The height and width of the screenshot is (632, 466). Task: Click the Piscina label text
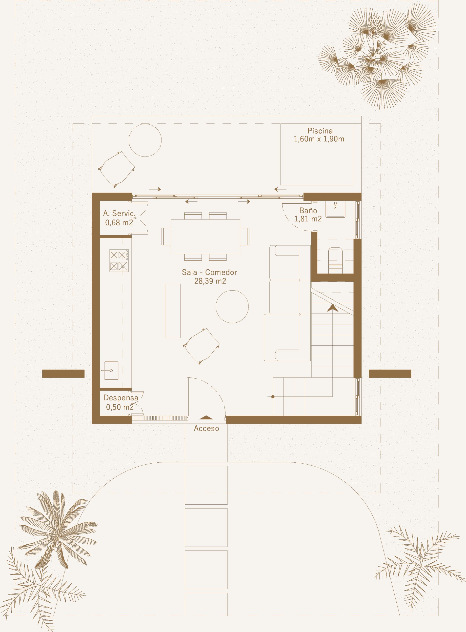coord(320,131)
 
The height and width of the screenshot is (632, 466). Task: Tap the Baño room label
coord(308,210)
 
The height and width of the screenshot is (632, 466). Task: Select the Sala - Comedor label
coord(209,272)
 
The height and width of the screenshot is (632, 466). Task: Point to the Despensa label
coord(121,398)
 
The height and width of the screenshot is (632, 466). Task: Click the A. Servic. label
coord(119,213)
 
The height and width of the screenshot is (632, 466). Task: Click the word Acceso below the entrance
coord(206,428)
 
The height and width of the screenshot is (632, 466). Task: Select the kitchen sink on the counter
coord(111,371)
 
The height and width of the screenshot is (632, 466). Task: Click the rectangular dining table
coord(205,236)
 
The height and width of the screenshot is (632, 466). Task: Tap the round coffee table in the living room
coord(232,307)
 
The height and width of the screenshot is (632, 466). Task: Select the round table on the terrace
coord(145,140)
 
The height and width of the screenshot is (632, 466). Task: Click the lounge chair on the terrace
coord(117,169)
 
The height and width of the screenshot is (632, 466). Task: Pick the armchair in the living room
coord(202,346)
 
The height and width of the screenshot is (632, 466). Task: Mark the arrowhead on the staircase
coord(333,308)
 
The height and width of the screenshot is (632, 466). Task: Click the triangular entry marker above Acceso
coord(206,418)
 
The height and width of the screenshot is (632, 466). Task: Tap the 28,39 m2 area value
coord(210,281)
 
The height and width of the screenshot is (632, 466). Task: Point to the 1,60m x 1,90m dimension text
coord(319,139)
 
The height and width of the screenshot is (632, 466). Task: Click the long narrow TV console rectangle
coord(173,311)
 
